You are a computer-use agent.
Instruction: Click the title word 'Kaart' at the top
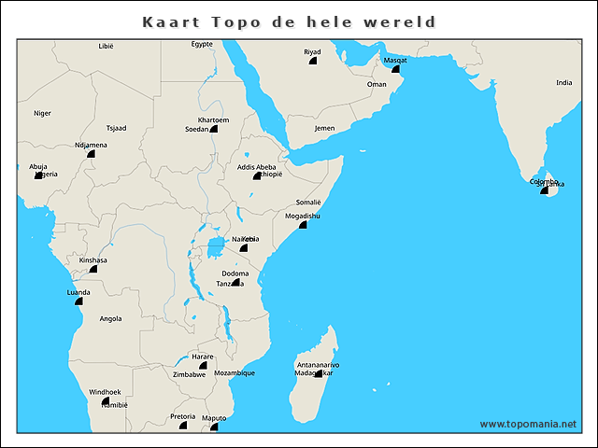[x=167, y=21]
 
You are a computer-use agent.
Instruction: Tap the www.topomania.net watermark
[x=528, y=424]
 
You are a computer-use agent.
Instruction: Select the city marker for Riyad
[x=312, y=61]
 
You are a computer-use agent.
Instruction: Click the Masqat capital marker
[x=395, y=69]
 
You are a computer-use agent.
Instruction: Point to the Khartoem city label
[x=213, y=120]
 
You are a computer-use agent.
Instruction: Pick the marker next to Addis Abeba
[x=257, y=175]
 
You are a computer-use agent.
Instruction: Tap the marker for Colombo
[x=545, y=189]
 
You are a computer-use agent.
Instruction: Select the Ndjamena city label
[x=91, y=145]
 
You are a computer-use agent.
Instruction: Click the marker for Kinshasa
[x=93, y=269]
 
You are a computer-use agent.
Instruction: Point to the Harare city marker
[x=203, y=365]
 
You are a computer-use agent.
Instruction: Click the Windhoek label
[x=105, y=391]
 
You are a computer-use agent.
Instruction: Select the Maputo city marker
[x=214, y=427]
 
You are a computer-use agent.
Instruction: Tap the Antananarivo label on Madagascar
[x=317, y=364]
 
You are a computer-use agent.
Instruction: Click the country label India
[x=563, y=82]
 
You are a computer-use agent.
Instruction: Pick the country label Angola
[x=110, y=318]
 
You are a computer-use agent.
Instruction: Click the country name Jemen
[x=324, y=128]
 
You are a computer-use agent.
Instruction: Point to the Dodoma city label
[x=235, y=273]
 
